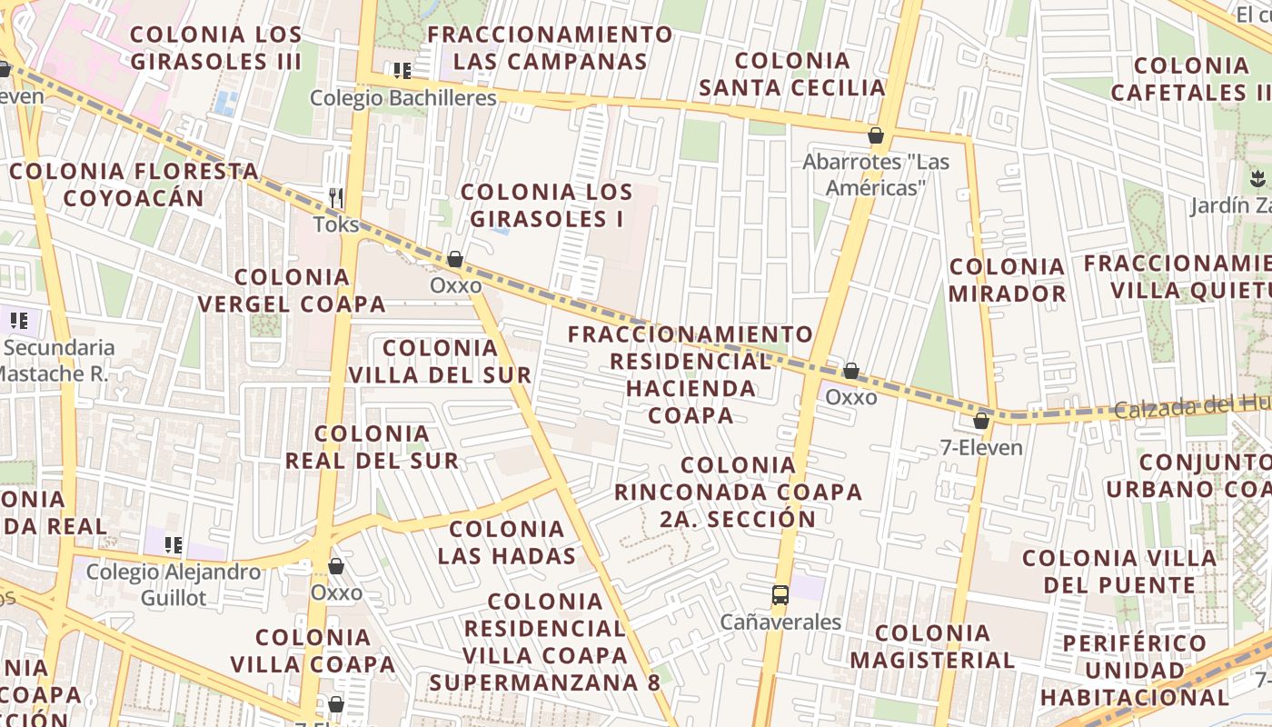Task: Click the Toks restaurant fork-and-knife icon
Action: (x=336, y=196)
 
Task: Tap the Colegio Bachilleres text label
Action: (x=403, y=98)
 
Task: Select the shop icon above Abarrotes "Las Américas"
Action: (x=876, y=136)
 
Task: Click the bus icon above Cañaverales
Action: (x=780, y=595)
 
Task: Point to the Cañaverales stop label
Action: (x=780, y=622)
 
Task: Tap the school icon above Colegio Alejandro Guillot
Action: (x=173, y=545)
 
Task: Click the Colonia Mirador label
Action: (x=1007, y=280)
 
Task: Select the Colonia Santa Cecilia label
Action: (x=792, y=75)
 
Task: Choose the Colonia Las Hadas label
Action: (x=507, y=542)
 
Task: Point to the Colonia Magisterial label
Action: (x=932, y=646)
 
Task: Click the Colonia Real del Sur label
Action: (x=373, y=447)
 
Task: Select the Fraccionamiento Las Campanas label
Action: (x=551, y=48)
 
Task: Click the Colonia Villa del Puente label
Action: (x=1119, y=571)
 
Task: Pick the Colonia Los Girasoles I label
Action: (x=546, y=205)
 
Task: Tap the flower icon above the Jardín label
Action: (x=1257, y=178)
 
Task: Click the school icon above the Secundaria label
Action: (x=19, y=320)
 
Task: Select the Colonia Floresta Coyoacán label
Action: (x=134, y=184)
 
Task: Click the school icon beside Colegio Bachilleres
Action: (x=402, y=70)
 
